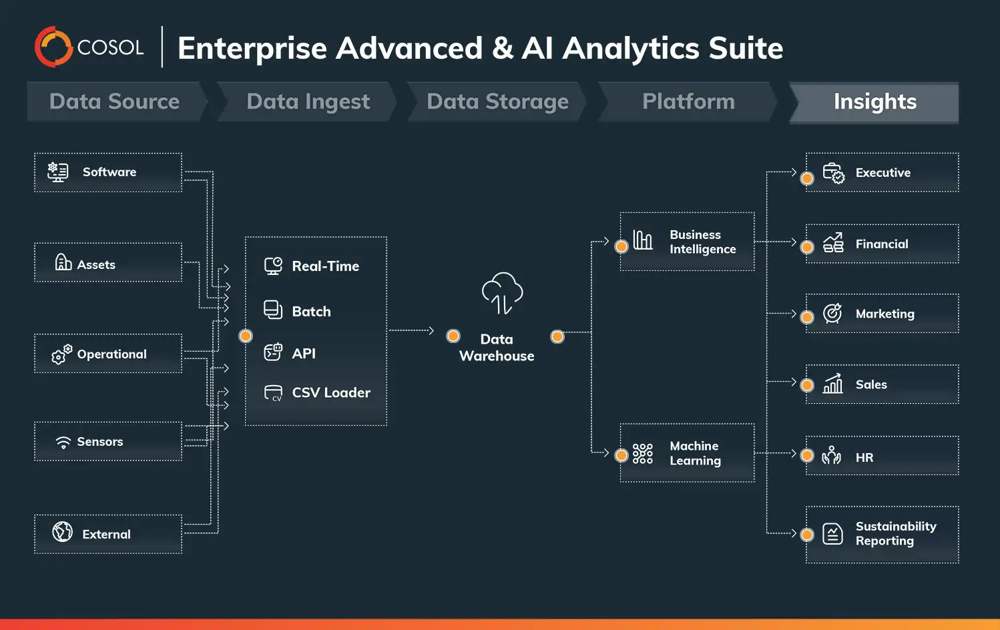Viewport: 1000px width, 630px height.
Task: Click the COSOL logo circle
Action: pyautogui.click(x=53, y=47)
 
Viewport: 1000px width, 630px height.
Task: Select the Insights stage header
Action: pyautogui.click(x=874, y=102)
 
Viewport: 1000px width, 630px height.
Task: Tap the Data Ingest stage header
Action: pyautogui.click(x=308, y=102)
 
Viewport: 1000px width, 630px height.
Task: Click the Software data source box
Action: pyautogui.click(x=108, y=172)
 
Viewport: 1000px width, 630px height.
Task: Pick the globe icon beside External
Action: pyautogui.click(x=63, y=532)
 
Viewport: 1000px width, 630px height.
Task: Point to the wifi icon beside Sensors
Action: pyautogui.click(x=63, y=442)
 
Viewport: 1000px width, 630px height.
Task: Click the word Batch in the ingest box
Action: pyautogui.click(x=311, y=312)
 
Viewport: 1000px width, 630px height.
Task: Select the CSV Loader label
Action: pyautogui.click(x=331, y=393)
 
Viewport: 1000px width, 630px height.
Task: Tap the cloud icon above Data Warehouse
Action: pyautogui.click(x=502, y=294)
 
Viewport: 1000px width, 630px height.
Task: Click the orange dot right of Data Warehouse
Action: pyautogui.click(x=557, y=336)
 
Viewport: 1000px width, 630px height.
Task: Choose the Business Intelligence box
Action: pyautogui.click(x=687, y=242)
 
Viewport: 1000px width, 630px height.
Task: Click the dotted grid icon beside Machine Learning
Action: pyautogui.click(x=642, y=454)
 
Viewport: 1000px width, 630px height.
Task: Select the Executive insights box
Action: pyautogui.click(x=882, y=173)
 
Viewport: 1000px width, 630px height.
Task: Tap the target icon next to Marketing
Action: pyautogui.click(x=832, y=313)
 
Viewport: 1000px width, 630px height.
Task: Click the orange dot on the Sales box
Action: pyautogui.click(x=807, y=385)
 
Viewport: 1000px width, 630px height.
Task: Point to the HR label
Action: pyautogui.click(x=864, y=458)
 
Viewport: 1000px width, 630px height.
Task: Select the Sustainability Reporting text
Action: pyautogui.click(x=895, y=534)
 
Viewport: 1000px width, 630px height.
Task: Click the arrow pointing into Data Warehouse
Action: pyautogui.click(x=431, y=330)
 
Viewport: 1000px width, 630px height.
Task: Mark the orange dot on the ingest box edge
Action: pyautogui.click(x=246, y=336)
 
